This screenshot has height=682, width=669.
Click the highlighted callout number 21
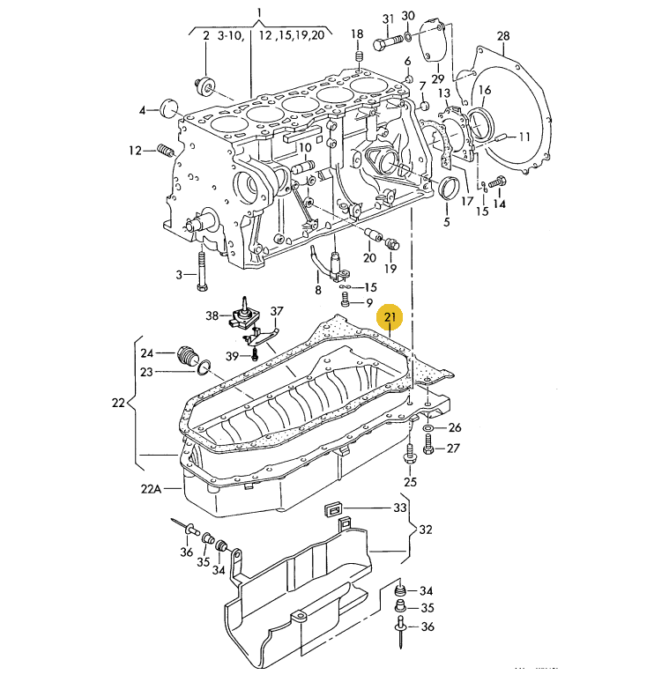[390, 317]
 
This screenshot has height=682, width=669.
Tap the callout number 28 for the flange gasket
[503, 35]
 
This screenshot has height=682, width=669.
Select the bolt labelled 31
[388, 43]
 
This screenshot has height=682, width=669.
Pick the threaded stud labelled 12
[166, 151]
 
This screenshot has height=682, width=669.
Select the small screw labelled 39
[255, 356]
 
